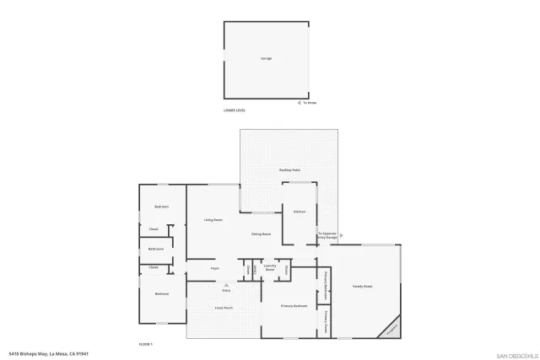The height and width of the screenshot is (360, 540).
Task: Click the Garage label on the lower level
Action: pos(267,58)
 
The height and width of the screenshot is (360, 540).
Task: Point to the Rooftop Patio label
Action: pos(290,171)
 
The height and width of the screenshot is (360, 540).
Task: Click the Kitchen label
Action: pos(299,212)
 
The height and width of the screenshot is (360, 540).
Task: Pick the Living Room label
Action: pos(213,220)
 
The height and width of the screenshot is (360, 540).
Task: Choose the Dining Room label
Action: pos(261,234)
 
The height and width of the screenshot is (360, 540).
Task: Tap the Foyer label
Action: pos(215,269)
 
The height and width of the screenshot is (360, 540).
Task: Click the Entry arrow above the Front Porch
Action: pos(225,286)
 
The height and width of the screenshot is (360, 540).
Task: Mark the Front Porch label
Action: pos(224,309)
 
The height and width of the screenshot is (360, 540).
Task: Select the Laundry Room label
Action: pos(270,267)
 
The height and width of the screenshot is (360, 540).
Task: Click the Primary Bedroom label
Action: pos(294,305)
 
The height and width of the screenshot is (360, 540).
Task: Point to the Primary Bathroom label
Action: pos(324,281)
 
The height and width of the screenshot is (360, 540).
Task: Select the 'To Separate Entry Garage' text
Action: pos(327,234)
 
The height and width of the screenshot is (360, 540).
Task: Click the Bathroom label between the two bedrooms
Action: pos(156,249)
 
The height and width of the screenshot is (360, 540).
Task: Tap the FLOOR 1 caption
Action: pos(145,344)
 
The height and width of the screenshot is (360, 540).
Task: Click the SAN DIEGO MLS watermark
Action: pos(516,355)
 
